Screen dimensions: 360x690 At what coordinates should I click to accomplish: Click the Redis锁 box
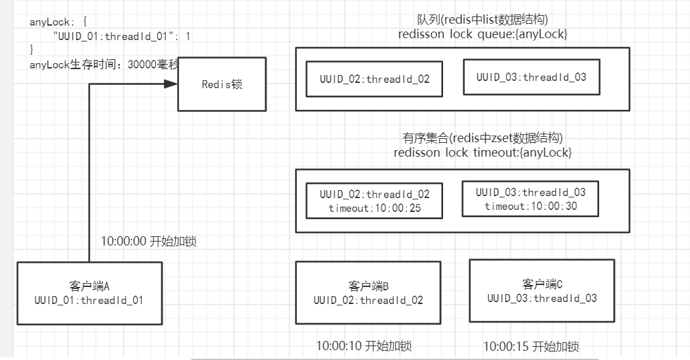(222, 84)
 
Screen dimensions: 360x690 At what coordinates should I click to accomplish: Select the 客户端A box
(89, 293)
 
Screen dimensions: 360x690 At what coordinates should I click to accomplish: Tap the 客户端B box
(367, 293)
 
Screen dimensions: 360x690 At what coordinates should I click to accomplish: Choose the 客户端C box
(541, 290)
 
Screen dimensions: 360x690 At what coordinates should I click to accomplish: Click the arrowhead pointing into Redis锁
(171, 84)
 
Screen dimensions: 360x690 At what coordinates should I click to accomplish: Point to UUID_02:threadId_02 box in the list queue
(374, 80)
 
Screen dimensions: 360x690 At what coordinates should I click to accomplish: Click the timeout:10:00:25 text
(374, 208)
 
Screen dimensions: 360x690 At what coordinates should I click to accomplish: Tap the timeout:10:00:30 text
(530, 206)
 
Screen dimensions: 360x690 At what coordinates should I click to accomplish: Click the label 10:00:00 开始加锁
(148, 242)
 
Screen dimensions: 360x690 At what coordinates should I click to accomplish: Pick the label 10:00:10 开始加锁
(363, 346)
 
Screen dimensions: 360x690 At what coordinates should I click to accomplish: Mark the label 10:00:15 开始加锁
(531, 346)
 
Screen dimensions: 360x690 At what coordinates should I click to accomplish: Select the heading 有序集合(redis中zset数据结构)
(482, 138)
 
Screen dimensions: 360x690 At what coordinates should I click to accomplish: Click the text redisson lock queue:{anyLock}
(482, 34)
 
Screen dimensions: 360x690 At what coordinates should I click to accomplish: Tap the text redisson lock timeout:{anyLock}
(482, 152)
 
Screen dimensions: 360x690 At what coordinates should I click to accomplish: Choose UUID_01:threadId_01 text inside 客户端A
(89, 300)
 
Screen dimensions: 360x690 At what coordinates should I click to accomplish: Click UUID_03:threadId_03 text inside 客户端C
(541, 298)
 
